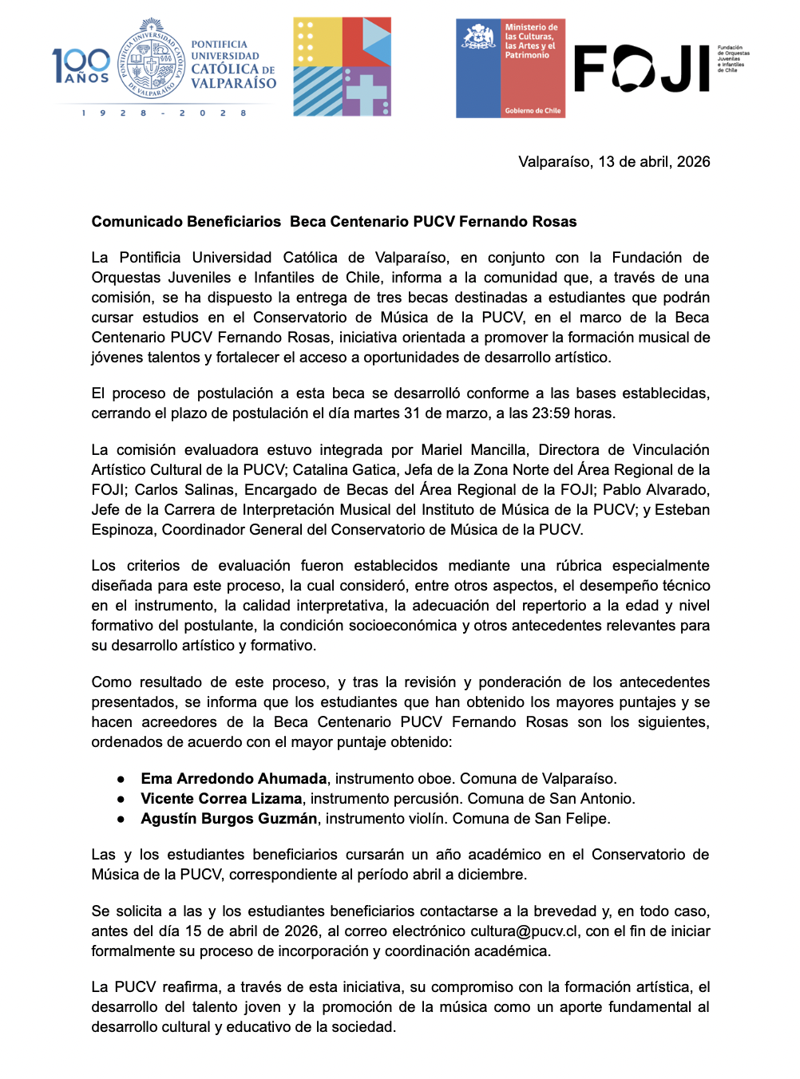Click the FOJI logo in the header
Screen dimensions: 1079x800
[x=642, y=69]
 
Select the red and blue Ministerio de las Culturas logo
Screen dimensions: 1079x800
[x=510, y=69]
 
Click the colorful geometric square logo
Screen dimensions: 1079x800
[x=342, y=67]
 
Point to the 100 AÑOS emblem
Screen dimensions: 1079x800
[x=81, y=65]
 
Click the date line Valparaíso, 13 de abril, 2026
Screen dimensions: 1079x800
[x=613, y=162]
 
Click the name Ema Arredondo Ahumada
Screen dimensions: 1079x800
[x=233, y=778]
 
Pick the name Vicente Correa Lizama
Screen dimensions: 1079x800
[x=221, y=798]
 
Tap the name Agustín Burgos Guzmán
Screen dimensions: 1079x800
[x=228, y=818]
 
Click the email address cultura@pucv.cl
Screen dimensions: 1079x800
[x=524, y=931]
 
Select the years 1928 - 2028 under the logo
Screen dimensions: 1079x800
[x=164, y=113]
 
